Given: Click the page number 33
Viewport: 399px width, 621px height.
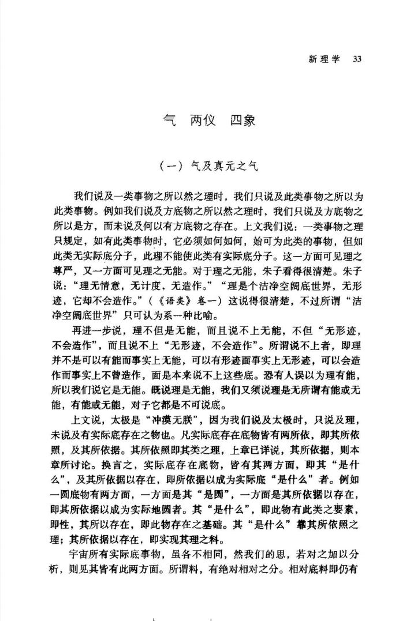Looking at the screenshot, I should tap(357, 59).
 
